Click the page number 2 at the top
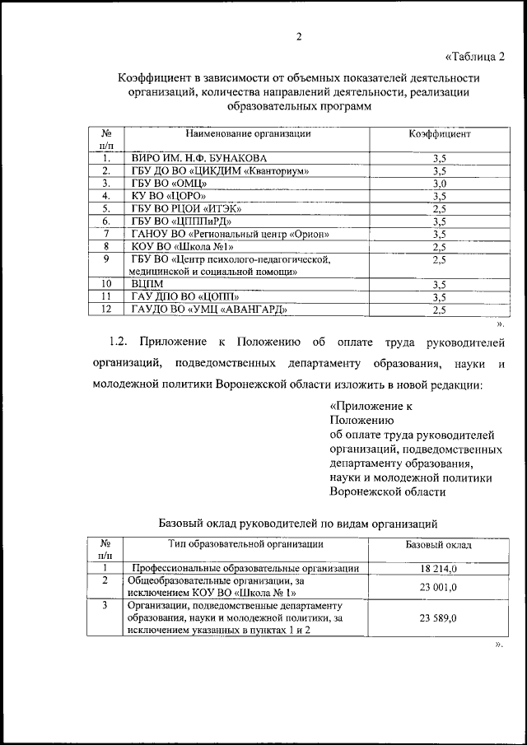click(299, 37)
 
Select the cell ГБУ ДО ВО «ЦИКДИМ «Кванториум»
click(219, 170)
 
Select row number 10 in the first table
click(106, 284)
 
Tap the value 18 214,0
click(438, 568)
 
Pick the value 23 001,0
click(438, 587)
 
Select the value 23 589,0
click(438, 618)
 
